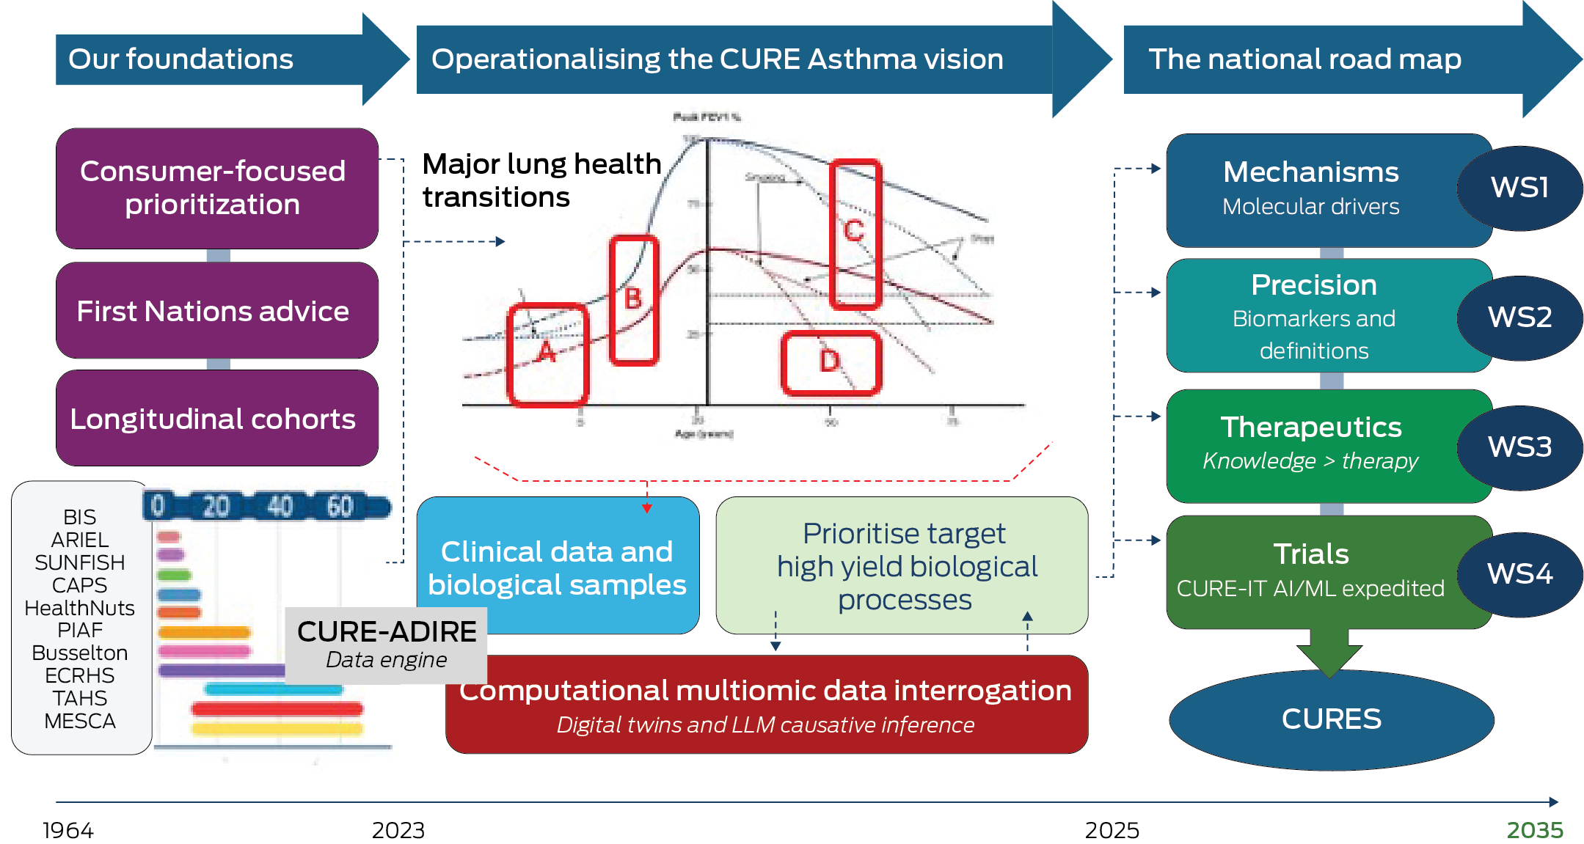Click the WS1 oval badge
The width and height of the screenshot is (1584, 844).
click(1519, 188)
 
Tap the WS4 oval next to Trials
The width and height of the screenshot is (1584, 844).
click(1519, 573)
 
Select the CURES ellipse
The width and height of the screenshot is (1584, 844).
click(1331, 719)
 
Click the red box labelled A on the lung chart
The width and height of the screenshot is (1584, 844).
click(547, 354)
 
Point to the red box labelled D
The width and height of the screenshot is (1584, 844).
click(831, 363)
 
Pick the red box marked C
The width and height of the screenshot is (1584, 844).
click(855, 233)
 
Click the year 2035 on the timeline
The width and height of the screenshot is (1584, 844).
click(1534, 830)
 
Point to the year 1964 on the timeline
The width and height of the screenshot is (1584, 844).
click(68, 830)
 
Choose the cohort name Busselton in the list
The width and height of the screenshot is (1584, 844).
click(80, 653)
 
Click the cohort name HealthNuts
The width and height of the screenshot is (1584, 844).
click(80, 608)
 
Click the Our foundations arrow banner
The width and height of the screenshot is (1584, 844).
click(213, 59)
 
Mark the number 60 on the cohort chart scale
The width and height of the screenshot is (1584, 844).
click(340, 506)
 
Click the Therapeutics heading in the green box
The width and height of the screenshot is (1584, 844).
click(1310, 427)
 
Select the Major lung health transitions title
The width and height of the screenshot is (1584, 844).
click(541, 180)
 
